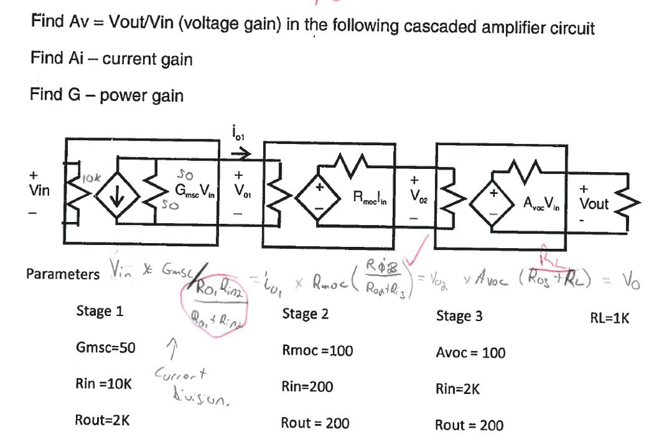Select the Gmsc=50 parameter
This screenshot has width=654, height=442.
(x=105, y=348)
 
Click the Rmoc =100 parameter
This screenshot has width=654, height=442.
(x=317, y=351)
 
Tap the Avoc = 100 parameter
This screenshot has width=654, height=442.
(x=470, y=352)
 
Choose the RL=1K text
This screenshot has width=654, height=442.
(x=609, y=318)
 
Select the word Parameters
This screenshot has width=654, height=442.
(x=63, y=274)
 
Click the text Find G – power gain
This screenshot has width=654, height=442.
(x=107, y=96)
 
